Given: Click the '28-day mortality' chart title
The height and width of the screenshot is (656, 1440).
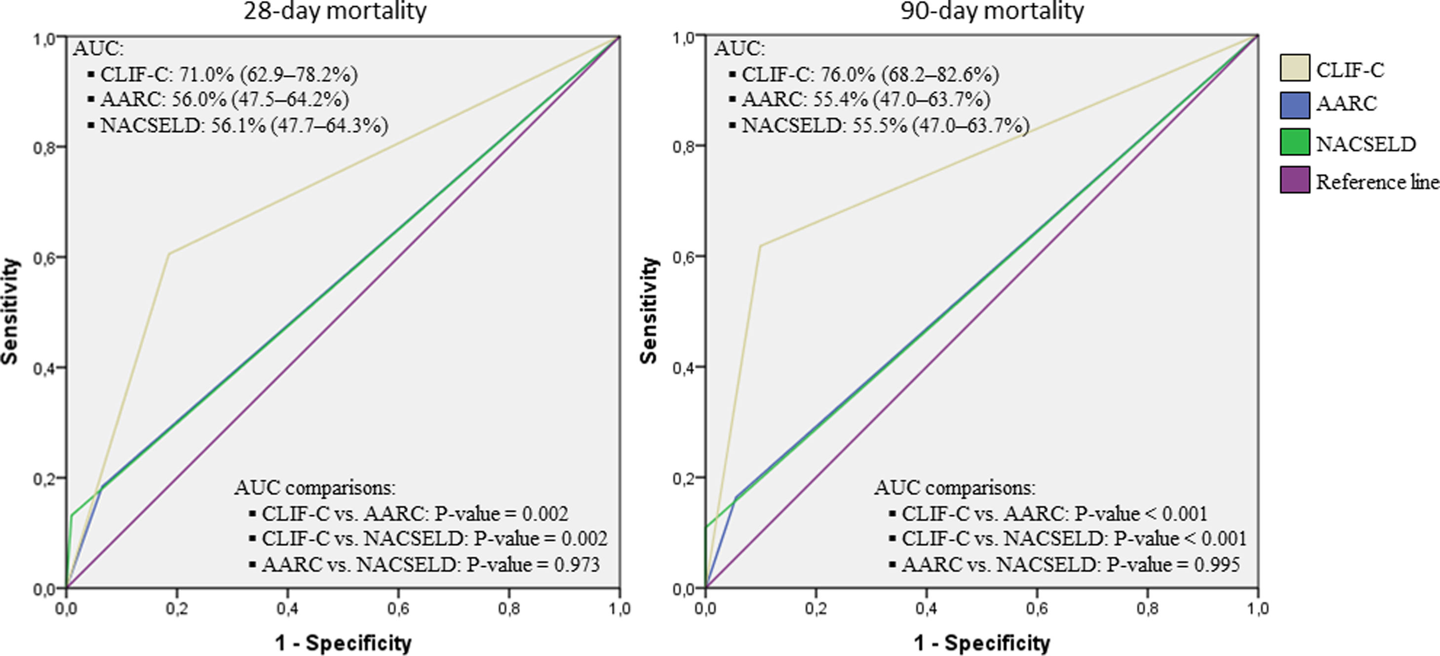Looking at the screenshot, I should (334, 11).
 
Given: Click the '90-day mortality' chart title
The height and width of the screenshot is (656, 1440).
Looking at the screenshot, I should (992, 11).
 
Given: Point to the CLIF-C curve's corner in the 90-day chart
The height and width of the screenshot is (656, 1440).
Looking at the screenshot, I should (760, 246).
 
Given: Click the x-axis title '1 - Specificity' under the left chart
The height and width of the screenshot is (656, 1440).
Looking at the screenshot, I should (343, 643).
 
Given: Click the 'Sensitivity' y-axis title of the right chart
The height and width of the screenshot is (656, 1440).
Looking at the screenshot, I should (649, 310).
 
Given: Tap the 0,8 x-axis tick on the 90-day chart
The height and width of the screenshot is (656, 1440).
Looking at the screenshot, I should (1148, 609).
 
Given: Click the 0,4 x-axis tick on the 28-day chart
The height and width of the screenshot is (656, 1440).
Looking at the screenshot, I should (287, 609).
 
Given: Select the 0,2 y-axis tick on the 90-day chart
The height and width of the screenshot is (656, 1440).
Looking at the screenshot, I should (687, 478).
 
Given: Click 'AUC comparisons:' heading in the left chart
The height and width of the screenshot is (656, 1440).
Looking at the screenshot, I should (315, 488).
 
